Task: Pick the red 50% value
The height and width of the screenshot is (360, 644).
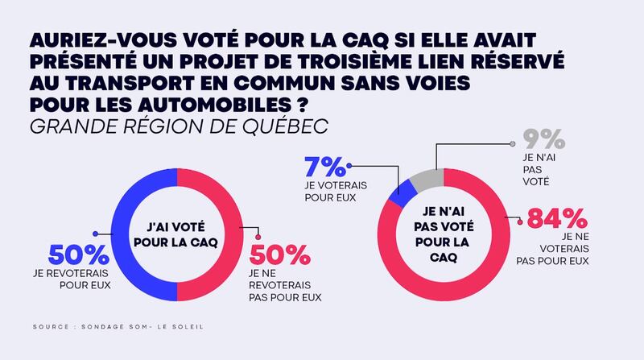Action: click(x=279, y=256)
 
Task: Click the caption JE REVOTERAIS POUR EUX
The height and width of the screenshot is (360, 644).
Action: click(x=78, y=278)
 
